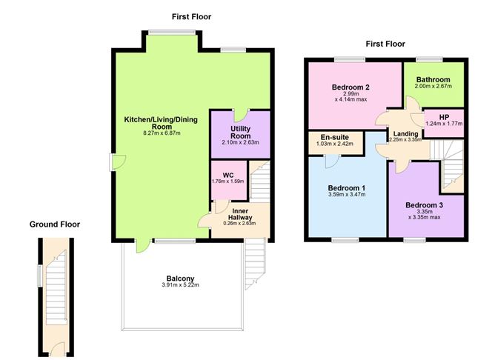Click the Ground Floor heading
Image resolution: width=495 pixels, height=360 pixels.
pos(55,224)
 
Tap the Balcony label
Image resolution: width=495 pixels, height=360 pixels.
pos(180,279)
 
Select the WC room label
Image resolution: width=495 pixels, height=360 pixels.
pos(228,176)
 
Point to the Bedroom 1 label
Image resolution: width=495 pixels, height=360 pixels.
pos(347,188)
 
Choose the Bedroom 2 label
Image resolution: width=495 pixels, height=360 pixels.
pos(351,87)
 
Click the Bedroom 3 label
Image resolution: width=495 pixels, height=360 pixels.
pos(424,205)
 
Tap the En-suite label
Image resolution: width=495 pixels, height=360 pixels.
pos(335,137)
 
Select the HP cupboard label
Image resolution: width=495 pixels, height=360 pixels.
pos(444,117)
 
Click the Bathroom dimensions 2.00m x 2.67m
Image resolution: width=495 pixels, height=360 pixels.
pos(433,86)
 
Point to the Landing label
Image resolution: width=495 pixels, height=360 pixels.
pos(405,134)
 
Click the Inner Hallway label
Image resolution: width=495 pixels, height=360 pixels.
pos(240,214)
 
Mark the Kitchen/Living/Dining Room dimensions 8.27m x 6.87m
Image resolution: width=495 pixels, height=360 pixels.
pos(162,133)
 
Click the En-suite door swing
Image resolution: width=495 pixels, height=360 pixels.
pos(331,161)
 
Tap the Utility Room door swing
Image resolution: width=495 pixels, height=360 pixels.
pos(241,116)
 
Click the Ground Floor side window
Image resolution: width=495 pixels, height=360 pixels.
pos(40,276)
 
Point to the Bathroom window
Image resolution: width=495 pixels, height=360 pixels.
pos(429,59)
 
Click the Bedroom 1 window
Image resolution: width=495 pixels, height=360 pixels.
pos(345,240)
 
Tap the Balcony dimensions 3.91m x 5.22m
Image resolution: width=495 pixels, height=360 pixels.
pos(180,285)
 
